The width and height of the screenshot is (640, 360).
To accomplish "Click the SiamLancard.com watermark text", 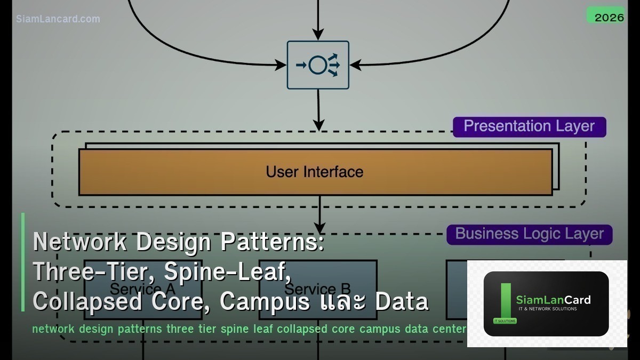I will (x=58, y=19).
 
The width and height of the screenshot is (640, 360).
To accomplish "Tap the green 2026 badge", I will (x=609, y=17).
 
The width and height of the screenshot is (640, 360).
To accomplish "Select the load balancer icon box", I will (x=318, y=65).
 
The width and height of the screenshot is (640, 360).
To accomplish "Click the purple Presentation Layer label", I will (x=529, y=126).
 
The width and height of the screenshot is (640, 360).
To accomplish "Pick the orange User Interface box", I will (x=315, y=172).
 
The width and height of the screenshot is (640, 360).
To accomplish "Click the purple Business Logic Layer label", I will (x=529, y=234).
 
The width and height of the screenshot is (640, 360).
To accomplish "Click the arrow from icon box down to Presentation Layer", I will (x=318, y=109).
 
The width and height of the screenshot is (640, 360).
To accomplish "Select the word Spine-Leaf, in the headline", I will (x=228, y=272).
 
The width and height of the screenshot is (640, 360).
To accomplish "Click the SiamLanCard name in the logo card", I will (x=553, y=300).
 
